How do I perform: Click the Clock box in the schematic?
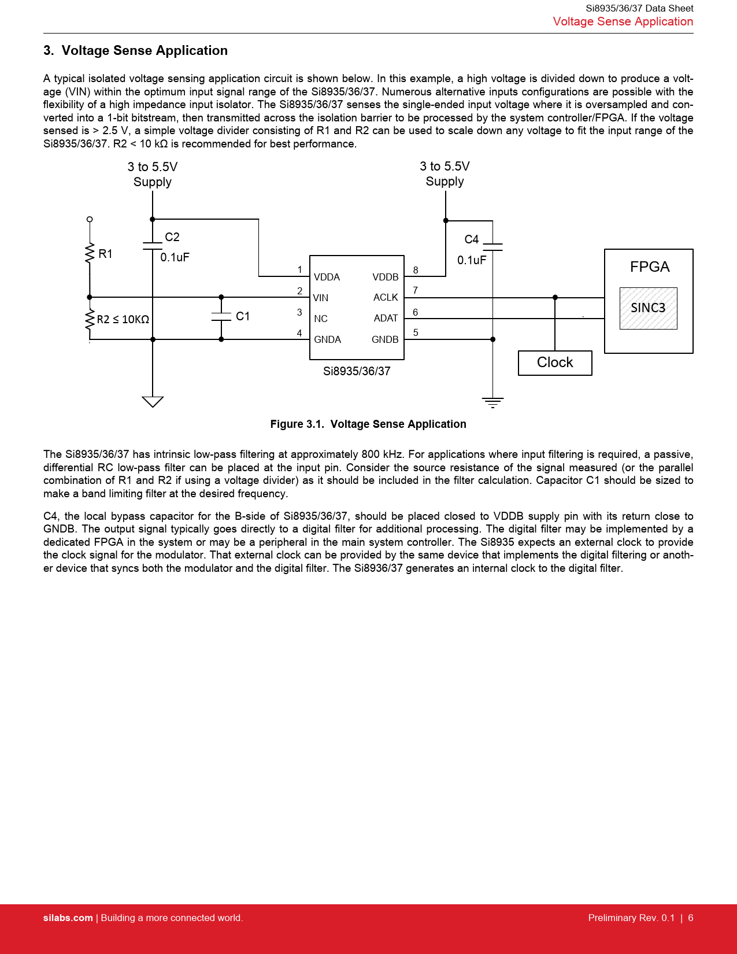coord(555,363)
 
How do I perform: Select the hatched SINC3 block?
coord(648,308)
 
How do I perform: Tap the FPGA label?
coord(649,267)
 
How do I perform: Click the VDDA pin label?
coord(327,277)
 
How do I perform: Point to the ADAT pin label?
coord(386,318)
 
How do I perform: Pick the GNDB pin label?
coord(385,339)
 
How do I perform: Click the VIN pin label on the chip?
coord(320,298)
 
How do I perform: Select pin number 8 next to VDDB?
coord(416,270)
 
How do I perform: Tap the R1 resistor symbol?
coord(90,253)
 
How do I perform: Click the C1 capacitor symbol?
coord(221,316)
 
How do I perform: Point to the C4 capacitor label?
coord(472,239)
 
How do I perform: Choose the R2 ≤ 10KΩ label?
coord(123,319)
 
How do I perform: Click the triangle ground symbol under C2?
coord(153,401)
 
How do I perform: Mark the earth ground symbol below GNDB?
coord(492,402)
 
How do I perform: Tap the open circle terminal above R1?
coord(90,219)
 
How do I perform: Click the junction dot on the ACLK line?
coord(555,298)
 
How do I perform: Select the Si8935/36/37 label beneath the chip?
coord(357,371)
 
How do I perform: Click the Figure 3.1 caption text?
coord(368,424)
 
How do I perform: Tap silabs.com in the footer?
coord(68,918)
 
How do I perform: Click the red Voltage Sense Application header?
coord(623,21)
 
